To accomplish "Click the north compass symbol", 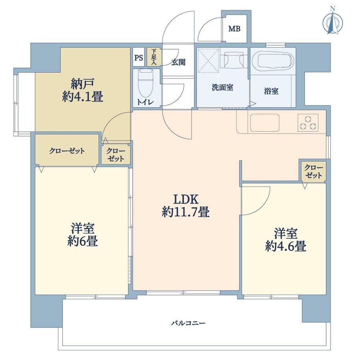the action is tap(332, 23).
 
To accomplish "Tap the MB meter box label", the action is tap(235, 29).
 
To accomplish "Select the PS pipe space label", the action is tap(139, 58).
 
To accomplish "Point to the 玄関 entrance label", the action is tap(178, 62).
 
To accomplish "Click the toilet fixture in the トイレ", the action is tap(146, 84).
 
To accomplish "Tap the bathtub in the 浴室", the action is tap(273, 61).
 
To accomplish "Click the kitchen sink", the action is tap(264, 123).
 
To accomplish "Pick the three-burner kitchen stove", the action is tap(308, 123).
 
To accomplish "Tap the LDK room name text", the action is tap(186, 199).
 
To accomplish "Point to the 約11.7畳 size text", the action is tap(186, 212).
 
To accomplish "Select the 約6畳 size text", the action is tap(82, 241).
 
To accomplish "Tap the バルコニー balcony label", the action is tap(188, 323).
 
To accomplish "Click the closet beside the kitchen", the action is tap(314, 172).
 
